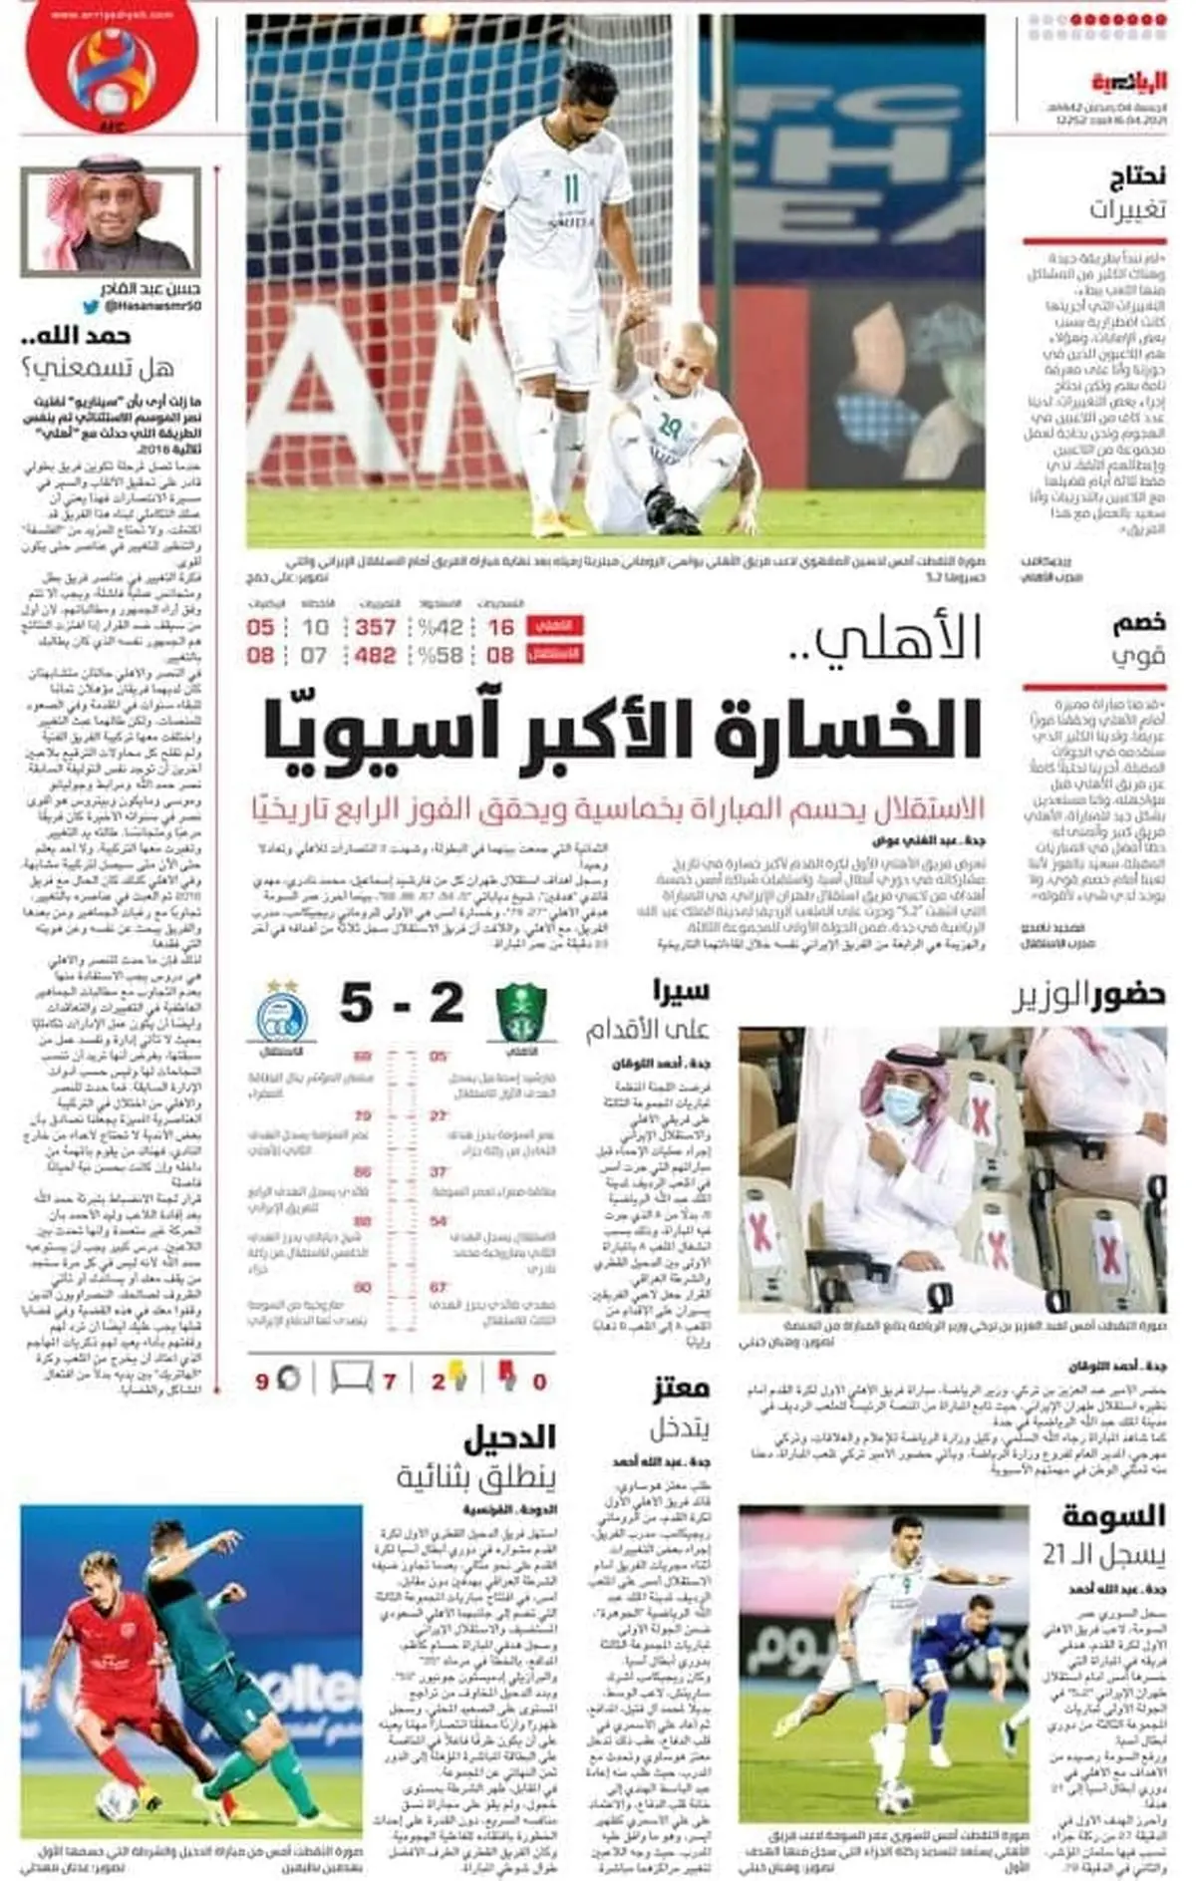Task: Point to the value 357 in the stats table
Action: pyautogui.click(x=376, y=627)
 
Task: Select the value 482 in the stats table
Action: pyautogui.click(x=376, y=655)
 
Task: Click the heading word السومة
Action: pyautogui.click(x=1113, y=1517)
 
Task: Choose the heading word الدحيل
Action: pyautogui.click(x=509, y=1437)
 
